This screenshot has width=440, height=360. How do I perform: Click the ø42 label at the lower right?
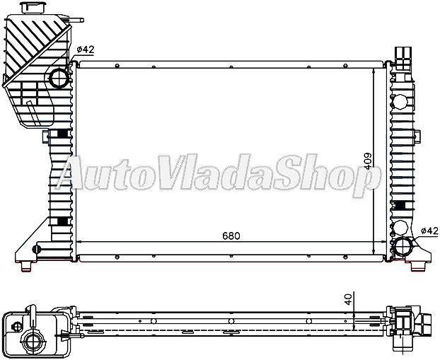(x=430, y=231)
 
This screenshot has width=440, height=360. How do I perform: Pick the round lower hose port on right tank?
(x=405, y=248)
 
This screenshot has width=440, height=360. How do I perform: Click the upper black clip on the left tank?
(x=62, y=134)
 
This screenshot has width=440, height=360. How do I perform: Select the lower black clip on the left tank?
(x=62, y=222)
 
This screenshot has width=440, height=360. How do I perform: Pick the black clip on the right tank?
(x=401, y=206)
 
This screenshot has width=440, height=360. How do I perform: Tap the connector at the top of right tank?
(x=403, y=54)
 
